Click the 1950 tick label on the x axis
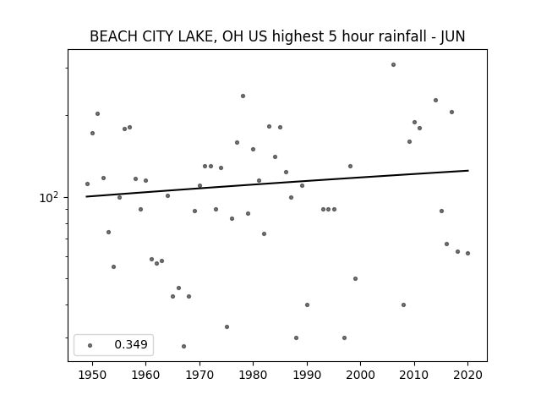coord(92,375)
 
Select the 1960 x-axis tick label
coord(145,375)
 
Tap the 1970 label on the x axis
coord(199,375)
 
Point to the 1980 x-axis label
coord(253,375)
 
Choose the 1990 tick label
coord(307,375)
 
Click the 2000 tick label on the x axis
coord(360,375)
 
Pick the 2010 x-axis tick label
coord(414,375)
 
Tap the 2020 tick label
coord(467,375)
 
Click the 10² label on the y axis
coord(49,197)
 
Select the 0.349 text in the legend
coord(131,344)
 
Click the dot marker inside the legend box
coord(90,345)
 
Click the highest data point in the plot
coord(393,64)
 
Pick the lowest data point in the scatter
coord(183,346)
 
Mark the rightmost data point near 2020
coord(467,253)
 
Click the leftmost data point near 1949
coord(87,184)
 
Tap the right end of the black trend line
coord(468,171)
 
